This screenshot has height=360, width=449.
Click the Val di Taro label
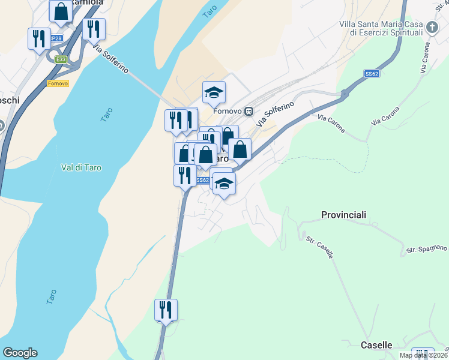81,168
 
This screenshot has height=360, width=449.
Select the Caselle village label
376,345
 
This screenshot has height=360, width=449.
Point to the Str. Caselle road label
319,247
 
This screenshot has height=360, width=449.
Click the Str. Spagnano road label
427,248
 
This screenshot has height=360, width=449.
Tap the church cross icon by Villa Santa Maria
432,28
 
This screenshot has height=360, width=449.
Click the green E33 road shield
61,59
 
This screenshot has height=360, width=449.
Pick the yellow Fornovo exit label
58,83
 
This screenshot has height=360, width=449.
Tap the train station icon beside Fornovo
249,112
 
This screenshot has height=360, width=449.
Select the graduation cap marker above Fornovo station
214,93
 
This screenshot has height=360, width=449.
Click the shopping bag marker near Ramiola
61,11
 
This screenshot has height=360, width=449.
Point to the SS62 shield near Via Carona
372,74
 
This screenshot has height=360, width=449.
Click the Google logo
20,353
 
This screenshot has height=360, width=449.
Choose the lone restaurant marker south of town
166,310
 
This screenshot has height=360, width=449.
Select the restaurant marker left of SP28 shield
39,39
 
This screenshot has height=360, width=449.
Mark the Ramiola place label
87,2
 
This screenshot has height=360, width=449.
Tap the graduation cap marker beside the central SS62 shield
224,184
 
